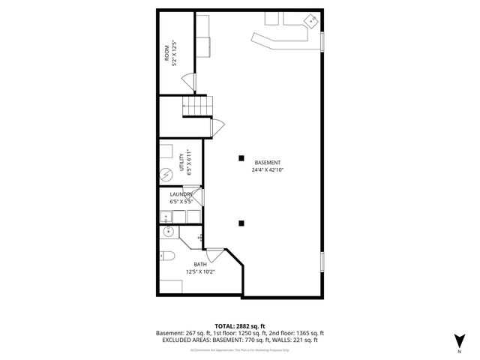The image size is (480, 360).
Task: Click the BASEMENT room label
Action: tap(268, 163)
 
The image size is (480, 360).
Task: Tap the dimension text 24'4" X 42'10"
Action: tap(268, 170)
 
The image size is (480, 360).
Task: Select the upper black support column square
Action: tap(241, 157)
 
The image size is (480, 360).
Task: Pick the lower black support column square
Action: tap(241, 223)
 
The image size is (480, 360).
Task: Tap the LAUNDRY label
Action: tap(181, 194)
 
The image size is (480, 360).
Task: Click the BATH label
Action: tap(200, 264)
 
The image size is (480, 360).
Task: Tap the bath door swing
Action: tap(214, 255)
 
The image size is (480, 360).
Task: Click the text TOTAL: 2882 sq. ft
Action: tap(240, 326)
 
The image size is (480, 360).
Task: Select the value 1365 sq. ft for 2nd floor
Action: tap(307, 333)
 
